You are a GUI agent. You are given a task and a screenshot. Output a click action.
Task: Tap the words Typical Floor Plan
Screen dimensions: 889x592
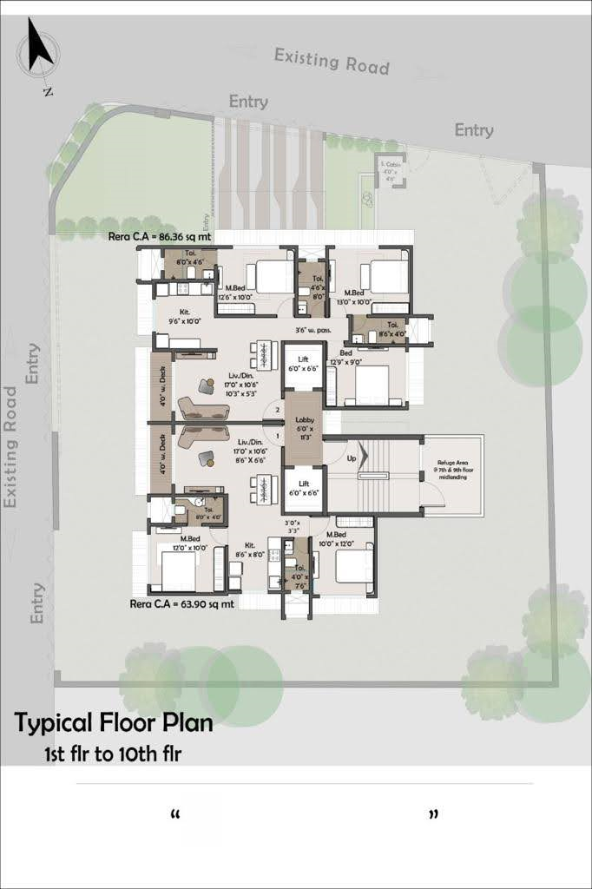pyautogui.click(x=114, y=721)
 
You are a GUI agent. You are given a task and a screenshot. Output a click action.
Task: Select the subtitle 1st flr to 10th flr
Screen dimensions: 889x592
pyautogui.click(x=113, y=754)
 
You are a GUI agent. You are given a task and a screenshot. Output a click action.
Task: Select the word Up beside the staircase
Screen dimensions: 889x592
pyautogui.click(x=351, y=457)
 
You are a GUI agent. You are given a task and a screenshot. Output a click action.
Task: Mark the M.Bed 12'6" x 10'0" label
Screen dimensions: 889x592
pyautogui.click(x=238, y=293)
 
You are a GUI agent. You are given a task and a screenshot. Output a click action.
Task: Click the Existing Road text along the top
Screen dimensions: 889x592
pyautogui.click(x=332, y=61)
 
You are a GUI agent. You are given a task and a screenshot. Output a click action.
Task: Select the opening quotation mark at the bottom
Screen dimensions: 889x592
pyautogui.click(x=176, y=816)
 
